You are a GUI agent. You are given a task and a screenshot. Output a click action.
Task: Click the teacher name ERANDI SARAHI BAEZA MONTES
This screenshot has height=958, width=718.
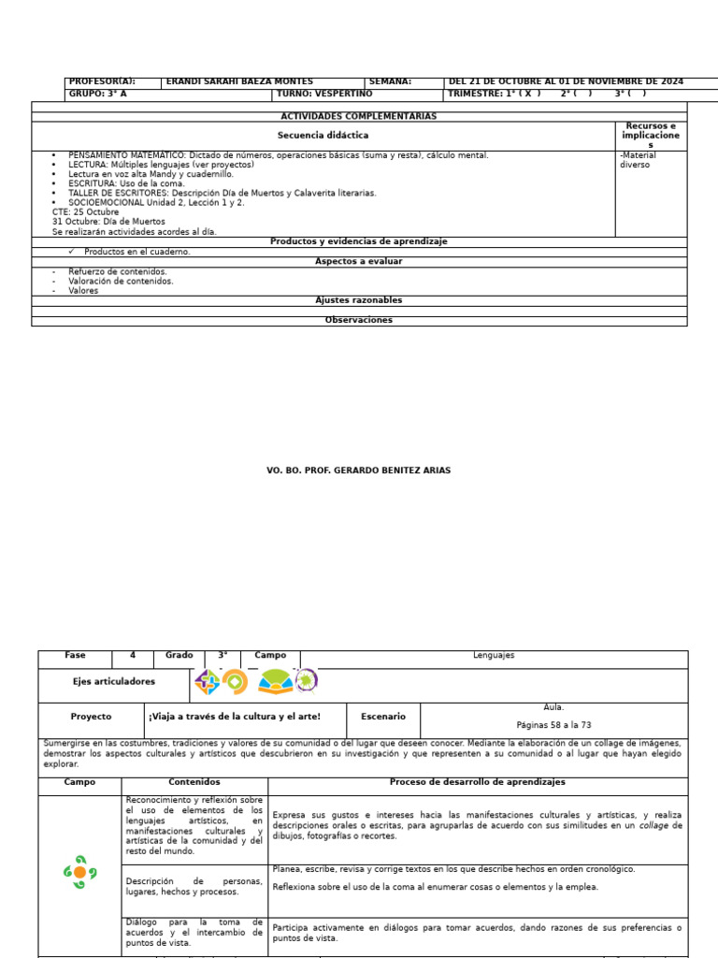(239, 82)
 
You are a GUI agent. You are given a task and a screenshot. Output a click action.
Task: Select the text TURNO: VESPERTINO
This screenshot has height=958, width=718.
(323, 94)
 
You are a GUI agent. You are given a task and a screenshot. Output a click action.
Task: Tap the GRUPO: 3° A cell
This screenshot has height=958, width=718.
(97, 94)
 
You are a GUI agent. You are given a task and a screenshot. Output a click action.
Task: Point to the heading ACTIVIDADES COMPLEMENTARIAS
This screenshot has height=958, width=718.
(359, 117)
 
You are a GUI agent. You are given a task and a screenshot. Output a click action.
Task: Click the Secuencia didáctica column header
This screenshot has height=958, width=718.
(323, 136)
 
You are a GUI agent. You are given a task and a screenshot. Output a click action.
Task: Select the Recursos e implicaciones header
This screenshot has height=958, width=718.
(651, 136)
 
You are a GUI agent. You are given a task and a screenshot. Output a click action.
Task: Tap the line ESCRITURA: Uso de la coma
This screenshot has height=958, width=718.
(126, 183)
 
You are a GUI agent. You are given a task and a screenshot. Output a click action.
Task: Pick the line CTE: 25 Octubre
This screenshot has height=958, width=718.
(86, 212)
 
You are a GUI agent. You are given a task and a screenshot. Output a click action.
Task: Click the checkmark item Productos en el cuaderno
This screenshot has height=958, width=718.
(136, 252)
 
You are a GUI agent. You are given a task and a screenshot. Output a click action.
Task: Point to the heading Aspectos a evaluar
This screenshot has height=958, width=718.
(359, 262)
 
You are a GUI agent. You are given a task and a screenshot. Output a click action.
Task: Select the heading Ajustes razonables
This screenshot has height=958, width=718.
(359, 300)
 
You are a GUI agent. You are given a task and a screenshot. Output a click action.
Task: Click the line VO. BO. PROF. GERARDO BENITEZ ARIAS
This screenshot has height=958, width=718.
(359, 471)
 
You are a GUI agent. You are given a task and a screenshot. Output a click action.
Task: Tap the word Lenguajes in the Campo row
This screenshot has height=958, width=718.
(494, 656)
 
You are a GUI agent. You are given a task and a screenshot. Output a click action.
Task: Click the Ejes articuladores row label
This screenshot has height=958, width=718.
(114, 682)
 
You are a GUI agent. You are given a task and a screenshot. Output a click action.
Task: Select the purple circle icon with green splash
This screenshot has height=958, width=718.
(306, 682)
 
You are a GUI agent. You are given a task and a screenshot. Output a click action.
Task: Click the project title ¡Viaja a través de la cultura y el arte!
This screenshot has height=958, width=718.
(234, 717)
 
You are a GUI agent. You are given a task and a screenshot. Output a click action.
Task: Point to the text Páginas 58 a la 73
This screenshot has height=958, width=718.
(553, 725)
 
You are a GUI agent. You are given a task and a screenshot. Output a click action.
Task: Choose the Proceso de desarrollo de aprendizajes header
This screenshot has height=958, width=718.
(477, 782)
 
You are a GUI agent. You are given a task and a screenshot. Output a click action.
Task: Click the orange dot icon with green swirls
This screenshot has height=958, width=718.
(79, 873)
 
